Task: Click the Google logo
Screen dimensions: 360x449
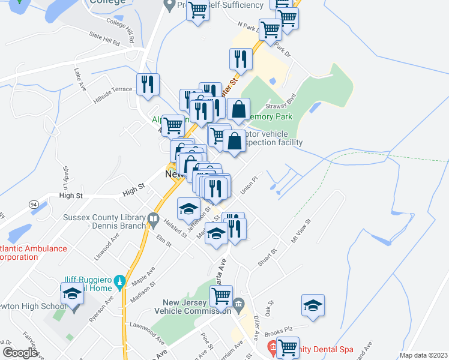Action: point(20,353)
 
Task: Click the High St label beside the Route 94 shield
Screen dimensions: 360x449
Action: point(71,196)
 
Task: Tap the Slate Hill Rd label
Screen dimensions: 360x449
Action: point(104,40)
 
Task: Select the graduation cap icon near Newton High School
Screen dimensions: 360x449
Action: point(72,294)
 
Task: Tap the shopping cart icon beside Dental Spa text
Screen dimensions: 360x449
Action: point(288,347)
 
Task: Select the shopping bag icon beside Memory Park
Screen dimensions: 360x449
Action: point(238,110)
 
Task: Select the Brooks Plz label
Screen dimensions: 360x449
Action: point(296,329)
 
